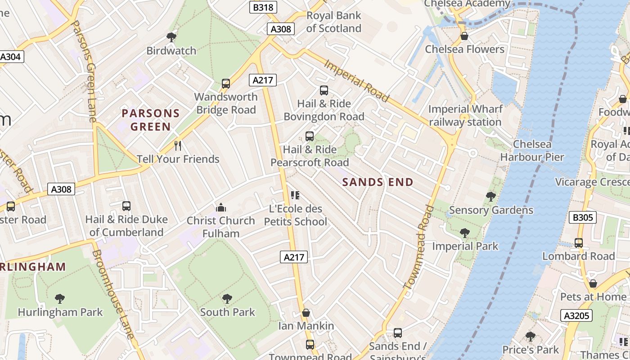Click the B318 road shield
click(263, 7)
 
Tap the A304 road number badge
click(10, 57)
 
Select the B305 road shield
click(583, 218)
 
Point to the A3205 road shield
click(576, 315)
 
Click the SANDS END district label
click(378, 182)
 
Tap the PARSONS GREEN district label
click(151, 120)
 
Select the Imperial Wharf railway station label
click(465, 116)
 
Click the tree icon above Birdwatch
click(171, 37)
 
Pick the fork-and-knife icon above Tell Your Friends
click(178, 145)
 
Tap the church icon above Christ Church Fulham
click(221, 207)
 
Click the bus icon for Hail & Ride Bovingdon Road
click(324, 90)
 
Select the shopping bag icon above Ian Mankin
click(306, 313)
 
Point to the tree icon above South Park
click(227, 299)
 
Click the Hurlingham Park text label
click(60, 312)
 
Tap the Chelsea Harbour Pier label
click(532, 151)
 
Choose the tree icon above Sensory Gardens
click(491, 197)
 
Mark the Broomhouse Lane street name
click(113, 295)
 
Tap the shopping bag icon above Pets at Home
click(593, 283)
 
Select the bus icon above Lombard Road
click(579, 243)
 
